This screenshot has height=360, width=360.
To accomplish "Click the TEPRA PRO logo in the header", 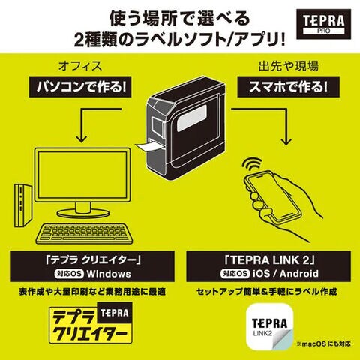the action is click(x=323, y=24).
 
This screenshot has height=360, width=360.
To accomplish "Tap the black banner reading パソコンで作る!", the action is click(x=80, y=87).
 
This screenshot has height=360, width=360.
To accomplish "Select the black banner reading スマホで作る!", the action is click(x=288, y=87).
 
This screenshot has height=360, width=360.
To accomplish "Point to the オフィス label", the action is click(x=80, y=66).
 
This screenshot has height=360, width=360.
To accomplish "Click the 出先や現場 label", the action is click(x=288, y=66).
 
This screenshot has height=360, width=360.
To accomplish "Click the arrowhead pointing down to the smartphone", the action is click(x=286, y=142).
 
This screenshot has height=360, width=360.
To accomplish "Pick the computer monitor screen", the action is click(x=82, y=175).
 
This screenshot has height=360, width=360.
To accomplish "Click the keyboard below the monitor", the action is click(x=83, y=233).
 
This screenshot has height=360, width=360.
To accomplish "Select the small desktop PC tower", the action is click(x=23, y=205).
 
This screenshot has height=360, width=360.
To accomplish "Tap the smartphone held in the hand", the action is click(x=274, y=198).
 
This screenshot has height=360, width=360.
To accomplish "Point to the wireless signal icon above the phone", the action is click(x=251, y=164).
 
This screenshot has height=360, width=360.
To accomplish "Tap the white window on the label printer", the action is click(x=192, y=118).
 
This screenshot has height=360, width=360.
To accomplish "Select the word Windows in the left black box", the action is click(x=109, y=274).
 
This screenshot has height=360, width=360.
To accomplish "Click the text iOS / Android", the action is click(x=286, y=274).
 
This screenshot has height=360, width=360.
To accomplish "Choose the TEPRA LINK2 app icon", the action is click(x=270, y=328).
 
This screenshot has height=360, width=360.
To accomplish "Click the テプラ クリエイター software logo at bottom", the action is click(x=91, y=322).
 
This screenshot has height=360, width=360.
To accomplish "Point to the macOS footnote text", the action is click(x=323, y=343).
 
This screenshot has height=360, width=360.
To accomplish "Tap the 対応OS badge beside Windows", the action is click(x=69, y=274).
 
